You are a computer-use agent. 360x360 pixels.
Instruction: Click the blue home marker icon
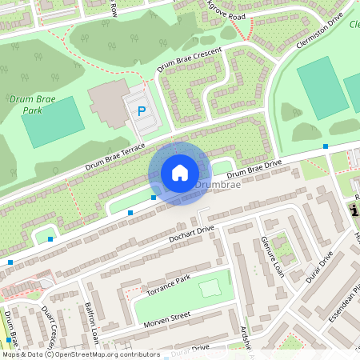pos(180,173)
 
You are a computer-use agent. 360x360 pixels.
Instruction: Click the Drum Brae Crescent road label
pos(190,62)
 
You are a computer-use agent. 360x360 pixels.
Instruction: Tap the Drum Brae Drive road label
pos(254,169)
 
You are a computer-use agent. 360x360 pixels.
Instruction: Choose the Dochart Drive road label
pos(192,234)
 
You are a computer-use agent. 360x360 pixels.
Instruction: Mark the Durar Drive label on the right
pos(318,269)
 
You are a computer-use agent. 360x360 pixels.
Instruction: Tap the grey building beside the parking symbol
pos(107,105)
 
